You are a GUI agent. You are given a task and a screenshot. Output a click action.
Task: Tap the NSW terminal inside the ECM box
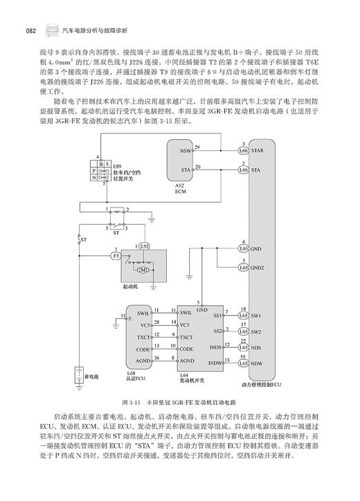(x=185, y=149)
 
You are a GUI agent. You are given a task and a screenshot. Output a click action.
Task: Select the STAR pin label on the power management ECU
(x=258, y=149)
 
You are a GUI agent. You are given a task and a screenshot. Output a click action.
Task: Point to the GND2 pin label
(x=258, y=267)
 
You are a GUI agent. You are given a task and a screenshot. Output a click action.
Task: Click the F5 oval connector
(x=115, y=255)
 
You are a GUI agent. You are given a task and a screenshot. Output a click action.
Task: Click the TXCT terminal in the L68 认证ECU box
(x=144, y=337)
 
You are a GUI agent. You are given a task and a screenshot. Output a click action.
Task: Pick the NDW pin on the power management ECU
(x=257, y=363)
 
